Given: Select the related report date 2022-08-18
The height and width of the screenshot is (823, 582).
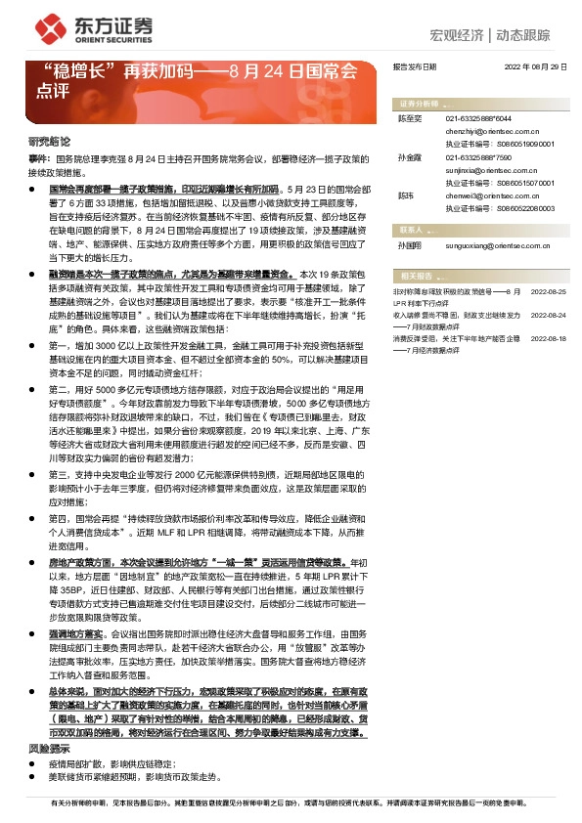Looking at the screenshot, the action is pyautogui.click(x=548, y=337).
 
